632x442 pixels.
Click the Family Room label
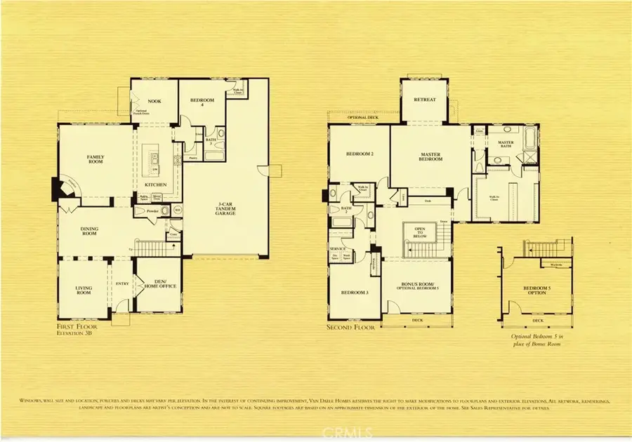95,159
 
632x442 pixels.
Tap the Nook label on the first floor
154,101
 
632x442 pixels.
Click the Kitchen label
155,185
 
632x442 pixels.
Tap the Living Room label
84,290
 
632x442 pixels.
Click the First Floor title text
77,327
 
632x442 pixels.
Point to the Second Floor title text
352,327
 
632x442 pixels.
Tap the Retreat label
425,100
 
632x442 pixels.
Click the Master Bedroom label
431,156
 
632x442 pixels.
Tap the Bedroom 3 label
355,292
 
